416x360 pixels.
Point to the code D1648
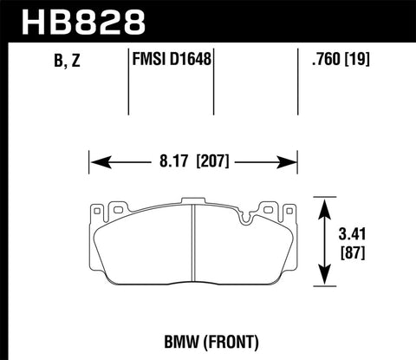click(x=192, y=61)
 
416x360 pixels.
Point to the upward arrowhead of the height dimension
click(x=325, y=202)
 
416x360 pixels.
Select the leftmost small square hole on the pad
click(x=97, y=208)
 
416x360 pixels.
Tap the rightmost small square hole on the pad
click(x=285, y=208)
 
